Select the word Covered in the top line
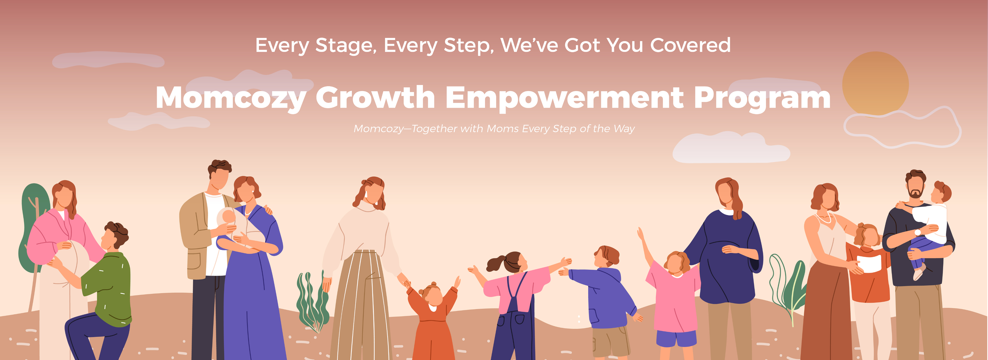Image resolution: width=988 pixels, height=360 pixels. click(x=690, y=45)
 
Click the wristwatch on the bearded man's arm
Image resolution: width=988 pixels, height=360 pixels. click(x=918, y=232)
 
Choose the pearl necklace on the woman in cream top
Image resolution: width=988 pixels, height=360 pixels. click(x=824, y=219)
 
